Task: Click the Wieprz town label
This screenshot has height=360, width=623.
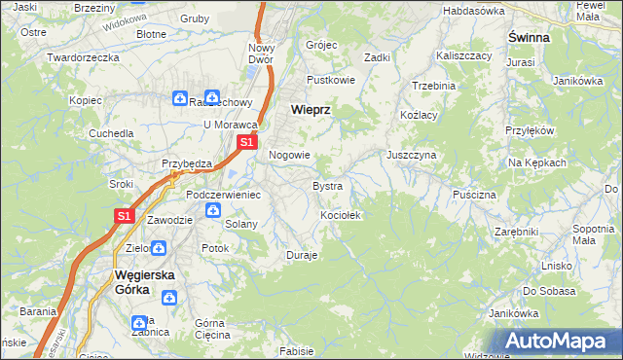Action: pyautogui.click(x=311, y=111)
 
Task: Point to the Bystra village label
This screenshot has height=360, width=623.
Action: pyautogui.click(x=326, y=185)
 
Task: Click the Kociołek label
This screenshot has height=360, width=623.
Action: pyautogui.click(x=341, y=214)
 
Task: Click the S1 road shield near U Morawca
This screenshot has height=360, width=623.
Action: pyautogui.click(x=247, y=142)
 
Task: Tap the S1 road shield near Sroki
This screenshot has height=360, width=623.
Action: pyautogui.click(x=124, y=216)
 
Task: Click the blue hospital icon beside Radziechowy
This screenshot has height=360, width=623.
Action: pyautogui.click(x=180, y=97)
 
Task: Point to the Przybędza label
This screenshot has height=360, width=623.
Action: pyautogui.click(x=187, y=163)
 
